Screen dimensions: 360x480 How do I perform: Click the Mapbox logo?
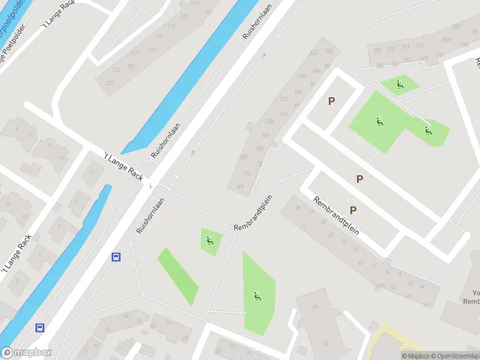pos(26,353)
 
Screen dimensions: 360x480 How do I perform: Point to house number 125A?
pos(268,121)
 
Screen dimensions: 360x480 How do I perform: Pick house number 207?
pos(110,82)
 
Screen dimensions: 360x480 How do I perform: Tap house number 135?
pos(243,157)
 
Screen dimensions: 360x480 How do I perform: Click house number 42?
pos(360,262)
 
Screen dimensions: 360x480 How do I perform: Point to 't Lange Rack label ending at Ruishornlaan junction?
pos(123,166)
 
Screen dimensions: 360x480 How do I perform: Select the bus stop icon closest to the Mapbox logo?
pos(40,328)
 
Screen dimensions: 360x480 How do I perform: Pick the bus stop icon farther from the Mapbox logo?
pos(116,257)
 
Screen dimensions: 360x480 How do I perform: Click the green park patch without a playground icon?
pos(178,276)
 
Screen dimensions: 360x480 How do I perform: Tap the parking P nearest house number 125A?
pos(331,101)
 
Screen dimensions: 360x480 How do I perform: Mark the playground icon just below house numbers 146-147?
pos(400,85)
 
